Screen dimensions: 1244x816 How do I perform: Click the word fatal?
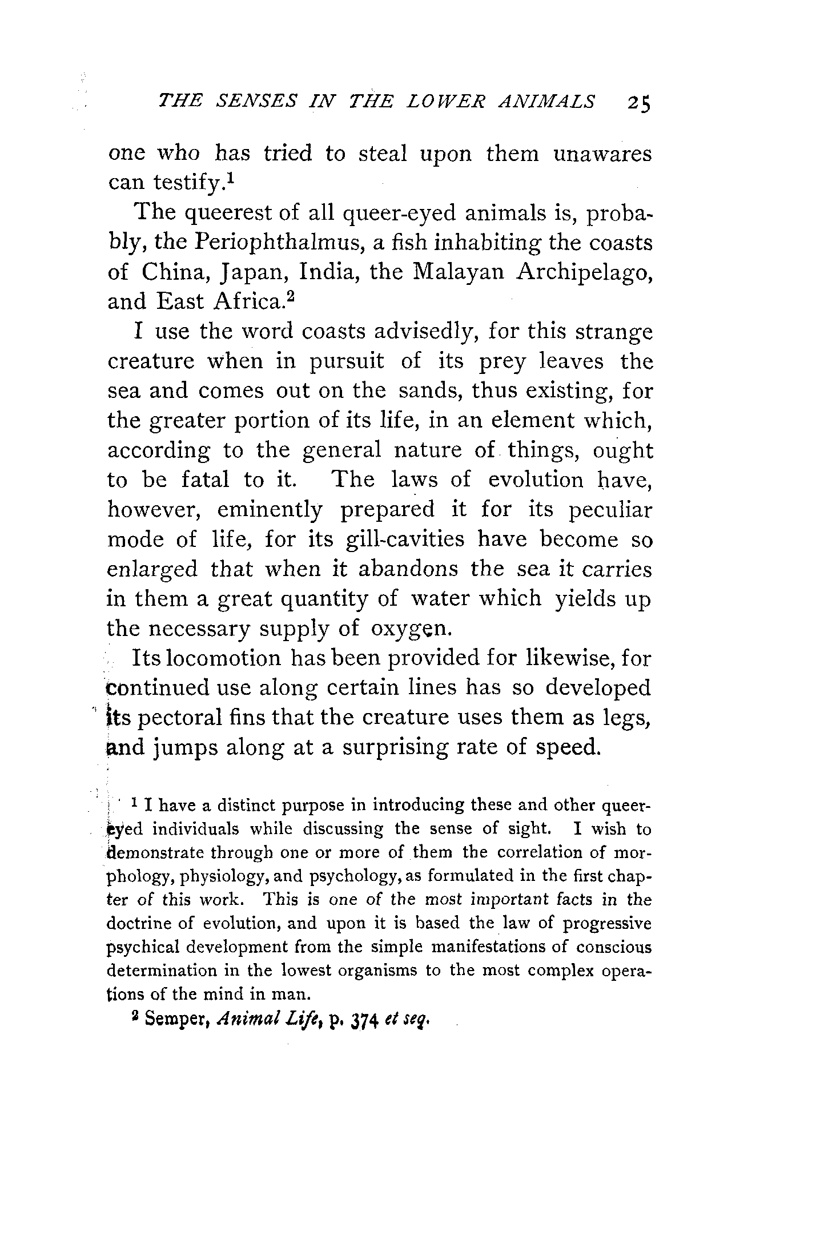[x=205, y=479]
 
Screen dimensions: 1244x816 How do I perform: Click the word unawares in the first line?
[x=602, y=154]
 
